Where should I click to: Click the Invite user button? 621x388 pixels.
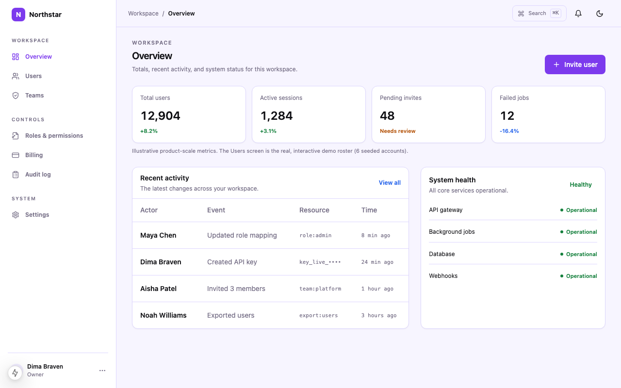575,65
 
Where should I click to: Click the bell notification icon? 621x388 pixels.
578,13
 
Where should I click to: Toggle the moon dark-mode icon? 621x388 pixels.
599,13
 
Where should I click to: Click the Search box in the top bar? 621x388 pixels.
539,13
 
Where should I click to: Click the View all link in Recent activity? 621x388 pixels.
390,183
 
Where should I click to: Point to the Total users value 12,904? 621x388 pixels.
160,115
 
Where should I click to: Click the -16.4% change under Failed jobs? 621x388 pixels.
509,131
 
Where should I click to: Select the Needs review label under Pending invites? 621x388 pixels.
397,131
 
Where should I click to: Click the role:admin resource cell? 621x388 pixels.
315,235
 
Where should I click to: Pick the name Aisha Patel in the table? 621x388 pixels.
158,289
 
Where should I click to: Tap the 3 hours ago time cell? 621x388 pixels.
379,315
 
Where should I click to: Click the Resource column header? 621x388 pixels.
314,210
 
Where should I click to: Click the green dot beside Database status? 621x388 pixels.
562,254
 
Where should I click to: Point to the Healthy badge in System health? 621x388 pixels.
581,185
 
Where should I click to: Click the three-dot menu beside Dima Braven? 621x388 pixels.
102,371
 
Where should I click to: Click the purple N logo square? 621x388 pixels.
18,15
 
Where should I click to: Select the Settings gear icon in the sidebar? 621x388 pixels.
16,215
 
